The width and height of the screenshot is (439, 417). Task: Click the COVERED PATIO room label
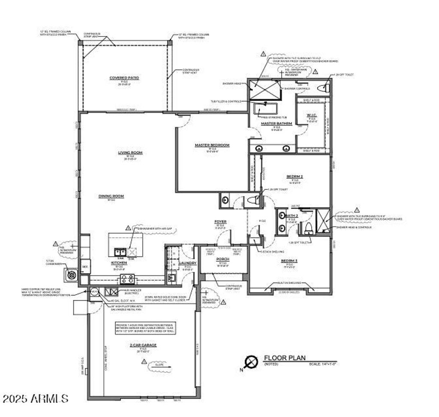point(124,78)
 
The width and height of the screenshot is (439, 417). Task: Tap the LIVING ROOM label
point(130,152)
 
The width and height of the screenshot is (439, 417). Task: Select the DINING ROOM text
point(111,196)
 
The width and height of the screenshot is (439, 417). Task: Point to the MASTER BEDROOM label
point(212,145)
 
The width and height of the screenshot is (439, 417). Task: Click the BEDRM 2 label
point(295,177)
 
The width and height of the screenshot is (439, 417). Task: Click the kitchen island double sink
point(119,252)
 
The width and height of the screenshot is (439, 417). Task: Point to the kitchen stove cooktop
point(127,279)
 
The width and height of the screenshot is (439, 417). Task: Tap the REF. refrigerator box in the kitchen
point(85,266)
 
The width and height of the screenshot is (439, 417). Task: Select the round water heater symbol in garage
point(94,292)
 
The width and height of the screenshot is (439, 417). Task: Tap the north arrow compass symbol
point(250,362)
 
